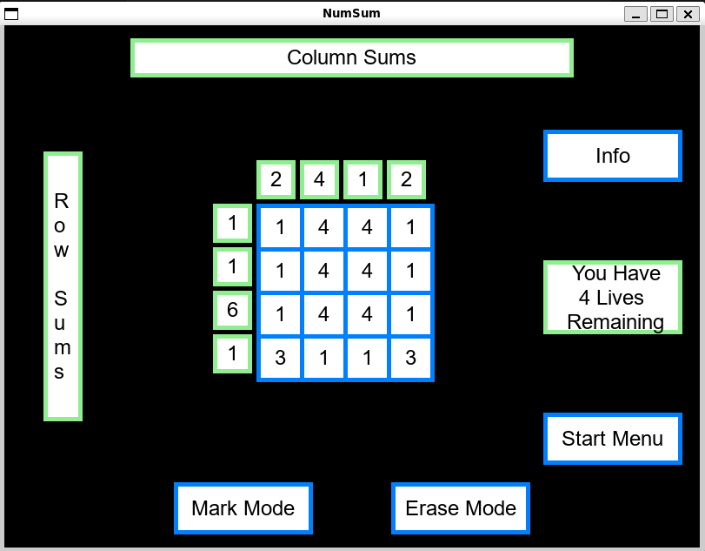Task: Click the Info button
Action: click(612, 156)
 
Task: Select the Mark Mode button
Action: click(243, 508)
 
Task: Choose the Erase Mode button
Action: click(460, 508)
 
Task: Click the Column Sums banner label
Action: click(351, 58)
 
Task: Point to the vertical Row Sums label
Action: click(63, 286)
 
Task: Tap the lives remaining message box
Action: click(612, 298)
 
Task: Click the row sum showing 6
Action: click(232, 310)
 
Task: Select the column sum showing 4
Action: click(319, 180)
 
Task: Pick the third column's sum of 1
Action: click(362, 180)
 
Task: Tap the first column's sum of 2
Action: click(276, 180)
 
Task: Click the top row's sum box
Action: click(232, 224)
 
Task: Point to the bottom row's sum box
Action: click(232, 353)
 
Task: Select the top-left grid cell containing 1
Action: click(280, 228)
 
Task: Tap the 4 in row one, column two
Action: click(323, 228)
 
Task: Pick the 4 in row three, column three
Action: click(367, 315)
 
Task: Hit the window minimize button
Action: click(636, 14)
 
